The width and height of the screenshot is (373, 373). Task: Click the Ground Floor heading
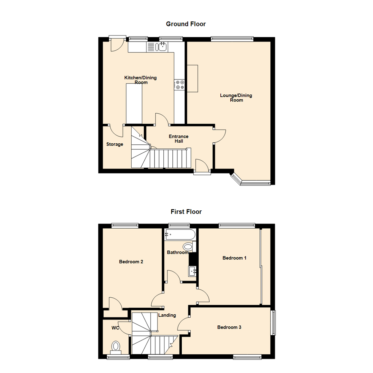[186, 24]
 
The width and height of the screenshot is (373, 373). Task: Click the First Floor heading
[186, 211]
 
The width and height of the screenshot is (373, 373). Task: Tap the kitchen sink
[161, 47]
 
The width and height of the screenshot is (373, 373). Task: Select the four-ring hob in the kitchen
[180, 85]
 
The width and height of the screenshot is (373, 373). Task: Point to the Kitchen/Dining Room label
[140, 80]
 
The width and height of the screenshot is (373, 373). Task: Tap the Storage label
[115, 144]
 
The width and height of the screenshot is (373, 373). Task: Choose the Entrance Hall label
[178, 139]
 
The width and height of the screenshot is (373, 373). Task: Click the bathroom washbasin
[192, 271]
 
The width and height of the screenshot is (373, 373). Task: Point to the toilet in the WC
[116, 346]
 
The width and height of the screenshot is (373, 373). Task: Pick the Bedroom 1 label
[234, 258]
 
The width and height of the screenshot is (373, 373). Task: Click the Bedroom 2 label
[131, 262]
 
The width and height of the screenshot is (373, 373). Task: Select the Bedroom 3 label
[229, 327]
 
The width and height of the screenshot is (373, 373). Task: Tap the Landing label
[167, 315]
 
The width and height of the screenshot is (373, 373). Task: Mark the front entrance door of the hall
[202, 170]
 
